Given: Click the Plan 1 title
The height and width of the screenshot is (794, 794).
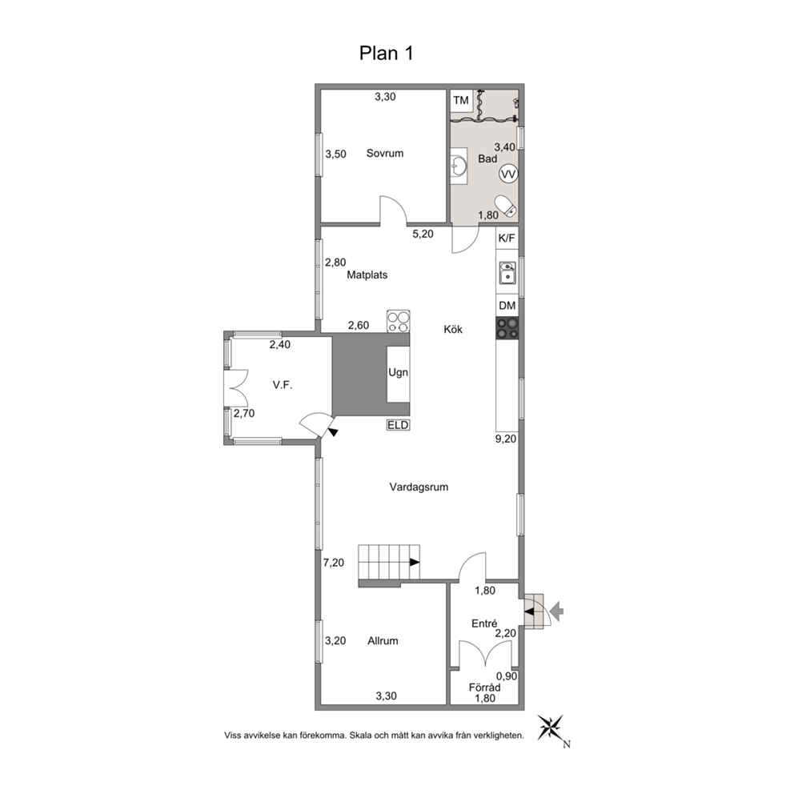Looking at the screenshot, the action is tap(387, 53).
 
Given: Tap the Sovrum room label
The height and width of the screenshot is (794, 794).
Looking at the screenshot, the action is tap(385, 153).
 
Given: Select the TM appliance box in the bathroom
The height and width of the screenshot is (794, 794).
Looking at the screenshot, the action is tap(461, 100).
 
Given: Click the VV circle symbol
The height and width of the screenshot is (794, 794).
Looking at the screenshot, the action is tap(508, 174).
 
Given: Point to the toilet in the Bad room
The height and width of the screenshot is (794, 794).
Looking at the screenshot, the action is tap(506, 206).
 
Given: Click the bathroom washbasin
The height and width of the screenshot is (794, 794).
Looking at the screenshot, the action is tap(459, 165).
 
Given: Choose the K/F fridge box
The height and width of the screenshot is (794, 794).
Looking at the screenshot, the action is tap(507, 238).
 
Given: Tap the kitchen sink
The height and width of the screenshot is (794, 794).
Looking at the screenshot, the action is tap(507, 273).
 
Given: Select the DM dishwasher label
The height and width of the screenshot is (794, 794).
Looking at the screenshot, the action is tap(507, 305).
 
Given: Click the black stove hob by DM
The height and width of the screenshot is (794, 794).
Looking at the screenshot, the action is tap(507, 328).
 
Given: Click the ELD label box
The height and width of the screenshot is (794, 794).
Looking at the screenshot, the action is tap(398, 425).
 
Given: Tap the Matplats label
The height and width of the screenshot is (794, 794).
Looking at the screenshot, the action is tap(367, 275).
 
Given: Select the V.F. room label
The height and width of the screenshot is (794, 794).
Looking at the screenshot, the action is tap(283, 385).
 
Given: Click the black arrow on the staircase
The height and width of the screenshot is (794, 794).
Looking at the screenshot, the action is tap(415, 562).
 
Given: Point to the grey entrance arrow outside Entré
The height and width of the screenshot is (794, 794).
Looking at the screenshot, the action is tap(556, 612).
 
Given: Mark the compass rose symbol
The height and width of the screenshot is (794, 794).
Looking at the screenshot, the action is tap(551, 728).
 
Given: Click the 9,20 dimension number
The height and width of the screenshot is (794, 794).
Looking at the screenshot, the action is tap(506, 439).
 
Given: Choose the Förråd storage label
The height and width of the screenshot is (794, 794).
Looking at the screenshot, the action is tap(484, 688).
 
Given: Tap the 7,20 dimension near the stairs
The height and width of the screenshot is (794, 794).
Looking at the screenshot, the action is tap(334, 562).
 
